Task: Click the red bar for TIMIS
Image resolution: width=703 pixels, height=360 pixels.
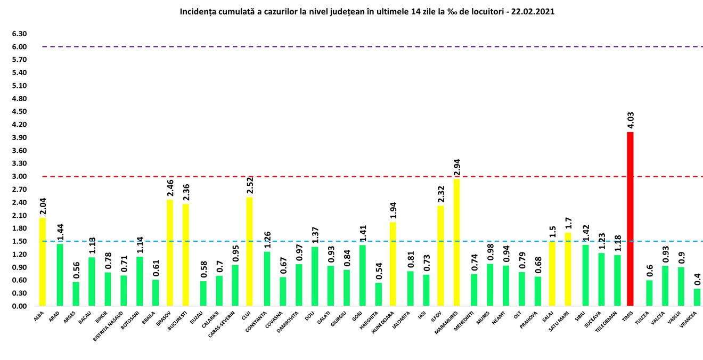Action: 630,219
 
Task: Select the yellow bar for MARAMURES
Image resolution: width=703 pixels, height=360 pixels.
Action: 456,242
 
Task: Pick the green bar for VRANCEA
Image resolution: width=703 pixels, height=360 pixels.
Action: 697,297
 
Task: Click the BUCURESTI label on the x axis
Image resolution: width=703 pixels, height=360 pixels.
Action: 177,322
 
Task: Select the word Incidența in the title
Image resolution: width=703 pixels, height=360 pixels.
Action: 197,11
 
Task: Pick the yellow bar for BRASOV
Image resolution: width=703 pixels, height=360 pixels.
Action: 170,253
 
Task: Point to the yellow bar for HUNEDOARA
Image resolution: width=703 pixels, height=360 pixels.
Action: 393,264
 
